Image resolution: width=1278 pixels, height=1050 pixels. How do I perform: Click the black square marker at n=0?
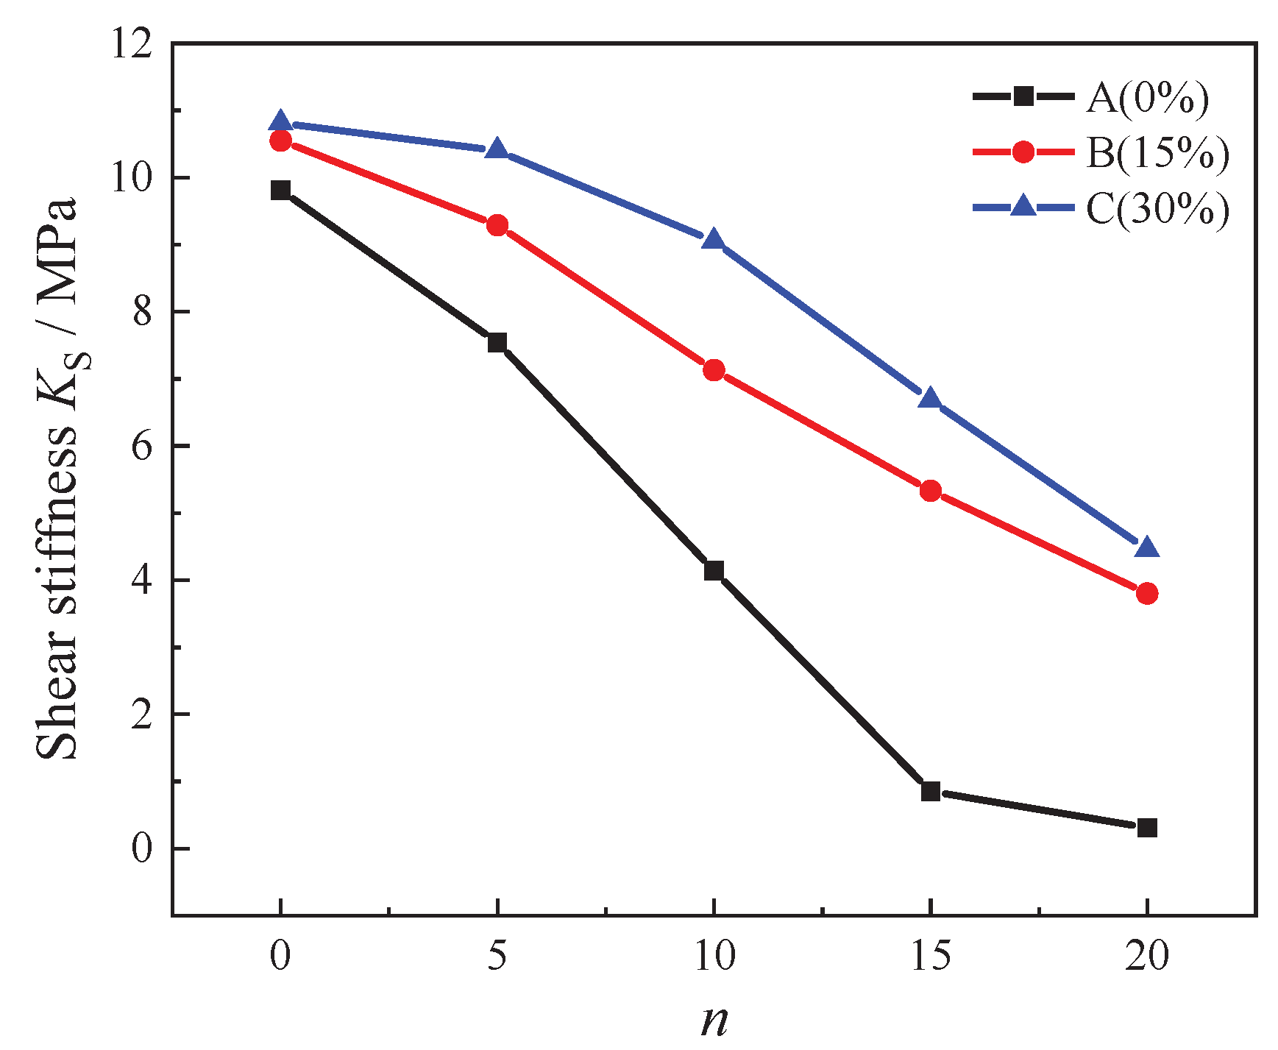click(280, 190)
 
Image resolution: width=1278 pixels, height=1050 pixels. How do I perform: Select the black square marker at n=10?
click(714, 570)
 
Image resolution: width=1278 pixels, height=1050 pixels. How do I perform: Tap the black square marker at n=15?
click(931, 792)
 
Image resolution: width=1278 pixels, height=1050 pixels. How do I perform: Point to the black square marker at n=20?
click(1147, 828)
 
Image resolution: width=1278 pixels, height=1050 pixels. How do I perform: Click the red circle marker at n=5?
click(497, 225)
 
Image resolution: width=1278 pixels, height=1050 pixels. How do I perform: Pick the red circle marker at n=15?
click(931, 491)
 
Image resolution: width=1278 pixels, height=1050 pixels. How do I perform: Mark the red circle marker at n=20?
click(1147, 593)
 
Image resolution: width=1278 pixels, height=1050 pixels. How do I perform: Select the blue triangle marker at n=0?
click(280, 122)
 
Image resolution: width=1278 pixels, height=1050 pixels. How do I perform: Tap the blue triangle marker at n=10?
click(714, 241)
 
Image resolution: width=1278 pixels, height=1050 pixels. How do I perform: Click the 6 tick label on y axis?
click(142, 447)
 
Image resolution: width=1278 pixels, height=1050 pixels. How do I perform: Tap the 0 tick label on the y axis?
click(142, 848)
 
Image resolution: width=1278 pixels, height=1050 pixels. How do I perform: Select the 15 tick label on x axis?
click(931, 957)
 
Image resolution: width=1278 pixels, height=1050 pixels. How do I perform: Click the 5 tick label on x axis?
click(497, 957)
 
